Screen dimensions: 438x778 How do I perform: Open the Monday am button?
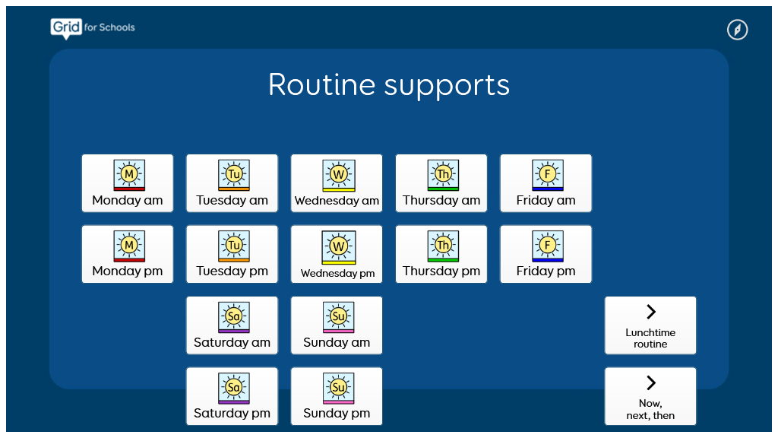pyautogui.click(x=128, y=183)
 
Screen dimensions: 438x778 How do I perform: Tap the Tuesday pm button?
pyautogui.click(x=232, y=254)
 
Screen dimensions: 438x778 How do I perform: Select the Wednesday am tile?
pyautogui.click(x=337, y=183)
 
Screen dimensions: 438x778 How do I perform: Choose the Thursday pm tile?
pyautogui.click(x=441, y=254)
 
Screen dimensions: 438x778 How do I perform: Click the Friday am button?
pyautogui.click(x=546, y=183)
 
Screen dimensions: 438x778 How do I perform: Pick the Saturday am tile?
pyautogui.click(x=232, y=325)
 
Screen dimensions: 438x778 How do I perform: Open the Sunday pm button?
pyautogui.click(x=337, y=396)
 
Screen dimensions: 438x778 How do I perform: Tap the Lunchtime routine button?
pyautogui.click(x=650, y=325)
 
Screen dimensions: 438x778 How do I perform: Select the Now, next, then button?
pyautogui.click(x=650, y=396)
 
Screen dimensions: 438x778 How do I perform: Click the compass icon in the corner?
pyautogui.click(x=737, y=30)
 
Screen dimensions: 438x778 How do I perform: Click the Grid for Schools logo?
pyautogui.click(x=92, y=28)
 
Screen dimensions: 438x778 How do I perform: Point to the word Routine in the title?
pyautogui.click(x=322, y=84)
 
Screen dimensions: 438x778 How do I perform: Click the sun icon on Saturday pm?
pyautogui.click(x=234, y=388)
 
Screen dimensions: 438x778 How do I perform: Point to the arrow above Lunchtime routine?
pyautogui.click(x=650, y=312)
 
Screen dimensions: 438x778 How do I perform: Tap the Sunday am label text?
pyautogui.click(x=337, y=342)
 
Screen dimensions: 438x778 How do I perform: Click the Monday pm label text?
pyautogui.click(x=128, y=271)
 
